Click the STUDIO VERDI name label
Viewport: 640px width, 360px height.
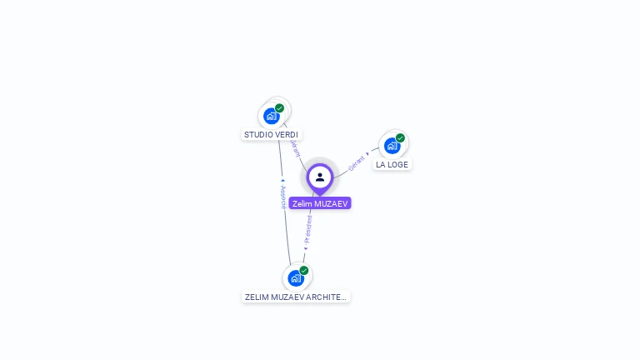(271, 134)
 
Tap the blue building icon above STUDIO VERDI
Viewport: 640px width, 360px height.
(271, 116)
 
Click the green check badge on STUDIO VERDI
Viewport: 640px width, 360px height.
(279, 108)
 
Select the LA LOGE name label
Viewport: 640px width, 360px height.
(392, 164)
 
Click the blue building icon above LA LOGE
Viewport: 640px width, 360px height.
(392, 146)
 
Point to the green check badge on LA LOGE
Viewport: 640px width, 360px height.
(400, 138)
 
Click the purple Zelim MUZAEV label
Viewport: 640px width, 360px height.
(320, 203)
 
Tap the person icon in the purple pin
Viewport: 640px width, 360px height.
(320, 177)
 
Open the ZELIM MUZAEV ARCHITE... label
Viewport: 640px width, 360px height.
(295, 297)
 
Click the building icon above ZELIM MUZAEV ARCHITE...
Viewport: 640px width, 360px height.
(295, 277)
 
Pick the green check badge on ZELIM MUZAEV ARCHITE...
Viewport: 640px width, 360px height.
(304, 270)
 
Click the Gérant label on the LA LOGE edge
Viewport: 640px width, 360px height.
(356, 162)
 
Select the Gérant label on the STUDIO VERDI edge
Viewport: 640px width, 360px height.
(295, 148)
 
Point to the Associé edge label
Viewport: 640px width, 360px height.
(283, 197)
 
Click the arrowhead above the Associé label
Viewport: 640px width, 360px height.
(282, 180)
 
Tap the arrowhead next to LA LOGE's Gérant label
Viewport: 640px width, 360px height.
(367, 153)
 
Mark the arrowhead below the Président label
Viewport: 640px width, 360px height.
(305, 248)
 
